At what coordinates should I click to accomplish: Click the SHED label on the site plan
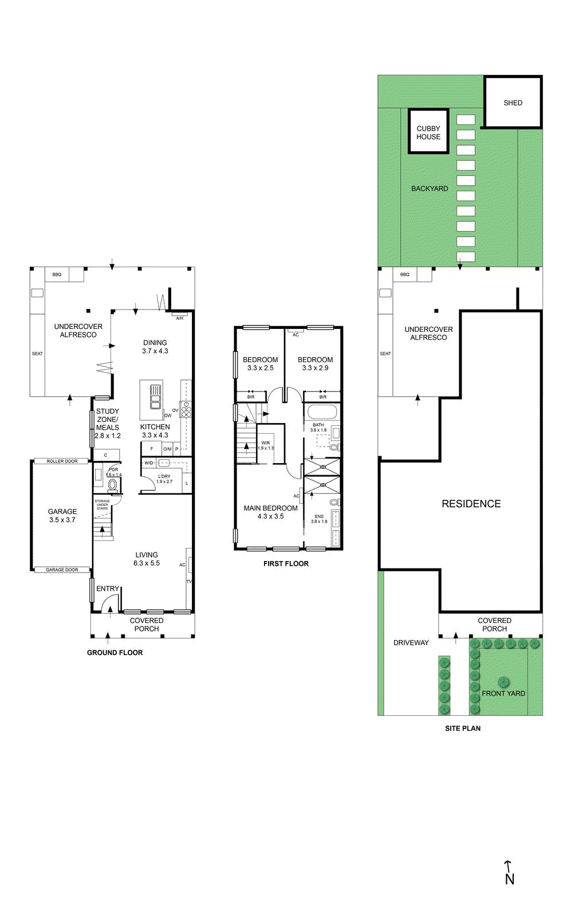coord(513,103)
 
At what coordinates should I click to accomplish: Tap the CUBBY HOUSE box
coord(428,132)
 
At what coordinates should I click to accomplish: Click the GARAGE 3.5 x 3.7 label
coord(62,515)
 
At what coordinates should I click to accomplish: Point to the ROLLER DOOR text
coord(62,461)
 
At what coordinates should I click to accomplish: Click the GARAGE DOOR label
coord(62,570)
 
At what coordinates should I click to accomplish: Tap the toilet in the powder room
coord(113,485)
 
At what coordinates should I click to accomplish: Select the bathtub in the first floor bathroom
coord(322,412)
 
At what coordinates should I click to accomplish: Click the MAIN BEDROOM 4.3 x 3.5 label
coord(270,512)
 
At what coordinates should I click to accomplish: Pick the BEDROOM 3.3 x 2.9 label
coord(315,363)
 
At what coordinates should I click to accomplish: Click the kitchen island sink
coord(155,396)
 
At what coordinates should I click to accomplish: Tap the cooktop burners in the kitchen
coord(186,409)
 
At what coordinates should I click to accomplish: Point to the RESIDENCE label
coord(471,503)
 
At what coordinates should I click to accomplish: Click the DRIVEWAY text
coord(411,642)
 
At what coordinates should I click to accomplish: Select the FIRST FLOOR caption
coord(286,563)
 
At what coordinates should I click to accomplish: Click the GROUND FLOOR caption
coord(115,652)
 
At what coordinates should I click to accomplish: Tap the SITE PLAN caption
coord(463,728)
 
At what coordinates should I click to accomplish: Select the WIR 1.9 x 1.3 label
coord(266,445)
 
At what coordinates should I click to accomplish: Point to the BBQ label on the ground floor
coord(57,275)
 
